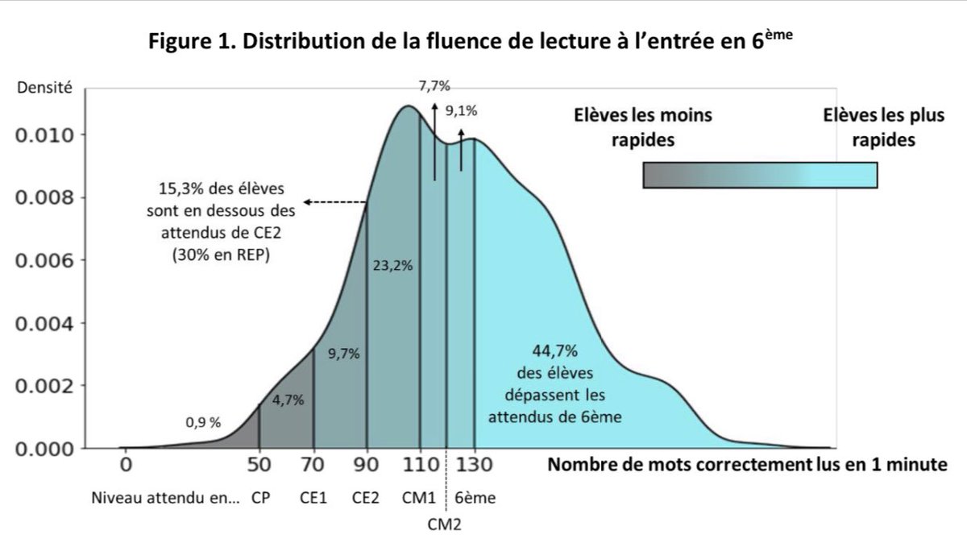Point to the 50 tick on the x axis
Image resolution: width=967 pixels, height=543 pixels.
[259, 465]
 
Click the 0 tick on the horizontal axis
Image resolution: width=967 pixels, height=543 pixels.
[125, 465]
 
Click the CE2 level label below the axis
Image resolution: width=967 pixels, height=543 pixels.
[367, 498]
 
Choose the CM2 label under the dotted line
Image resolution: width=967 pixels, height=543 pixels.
[446, 524]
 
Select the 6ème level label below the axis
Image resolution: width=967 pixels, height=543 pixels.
[475, 498]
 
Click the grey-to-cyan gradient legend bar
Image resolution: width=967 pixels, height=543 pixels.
[760, 174]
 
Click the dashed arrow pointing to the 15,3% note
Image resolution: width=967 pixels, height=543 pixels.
[335, 202]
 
